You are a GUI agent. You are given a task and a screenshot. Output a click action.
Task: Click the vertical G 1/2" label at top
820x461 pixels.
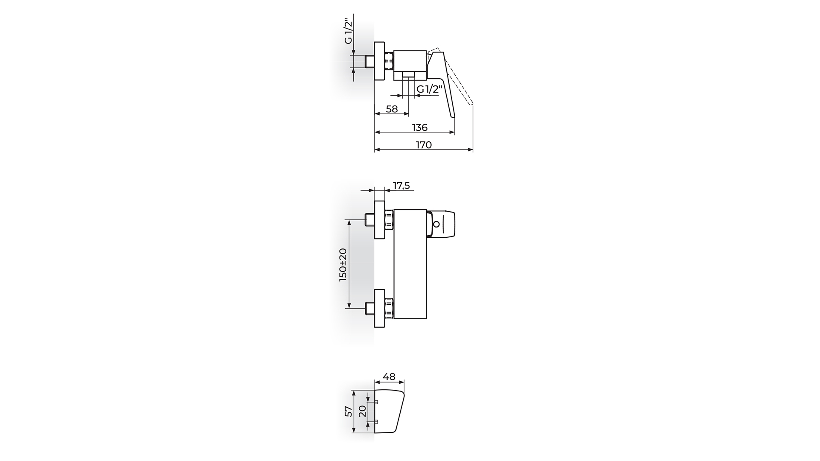[x=349, y=31]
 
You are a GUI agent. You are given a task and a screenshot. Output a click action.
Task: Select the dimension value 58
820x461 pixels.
[x=392, y=109]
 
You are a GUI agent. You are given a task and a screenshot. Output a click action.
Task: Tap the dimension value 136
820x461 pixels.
[x=420, y=128]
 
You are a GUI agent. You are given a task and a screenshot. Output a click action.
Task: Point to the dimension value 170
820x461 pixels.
[x=424, y=145]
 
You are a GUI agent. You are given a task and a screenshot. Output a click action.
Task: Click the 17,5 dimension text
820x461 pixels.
[x=401, y=185]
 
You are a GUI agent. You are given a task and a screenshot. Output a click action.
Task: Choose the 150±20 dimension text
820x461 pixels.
[x=343, y=265]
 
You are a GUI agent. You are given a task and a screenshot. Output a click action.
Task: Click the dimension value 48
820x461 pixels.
[x=389, y=377]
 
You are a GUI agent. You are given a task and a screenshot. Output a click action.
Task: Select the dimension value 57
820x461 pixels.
[x=349, y=411]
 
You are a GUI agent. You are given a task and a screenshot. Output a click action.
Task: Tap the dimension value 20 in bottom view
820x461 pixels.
[x=362, y=411]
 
